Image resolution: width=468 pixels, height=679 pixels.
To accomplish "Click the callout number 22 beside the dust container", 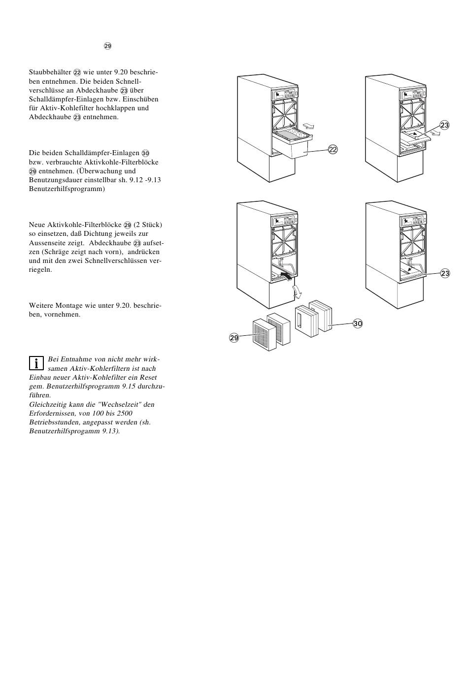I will coord(333,150).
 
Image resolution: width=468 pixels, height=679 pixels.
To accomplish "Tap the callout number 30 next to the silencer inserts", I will coord(358,323).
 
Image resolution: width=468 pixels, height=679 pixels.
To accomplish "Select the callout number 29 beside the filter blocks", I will coord(234,337).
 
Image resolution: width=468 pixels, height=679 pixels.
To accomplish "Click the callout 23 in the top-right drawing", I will coord(445,126).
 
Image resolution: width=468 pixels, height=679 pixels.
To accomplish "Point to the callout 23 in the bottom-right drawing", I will coord(445,273).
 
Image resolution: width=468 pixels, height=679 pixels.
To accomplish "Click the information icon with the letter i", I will coord(36,363).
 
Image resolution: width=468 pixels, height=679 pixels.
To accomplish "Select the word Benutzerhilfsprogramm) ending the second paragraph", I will coord(67,189).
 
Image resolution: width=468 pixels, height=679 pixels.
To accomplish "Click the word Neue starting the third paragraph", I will coord(37,225).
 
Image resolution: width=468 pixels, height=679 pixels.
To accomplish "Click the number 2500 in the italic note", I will coord(124,414).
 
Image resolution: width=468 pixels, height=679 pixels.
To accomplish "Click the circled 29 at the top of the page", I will coord(107,46).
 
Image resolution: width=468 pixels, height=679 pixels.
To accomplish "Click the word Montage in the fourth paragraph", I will coord(70,306).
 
